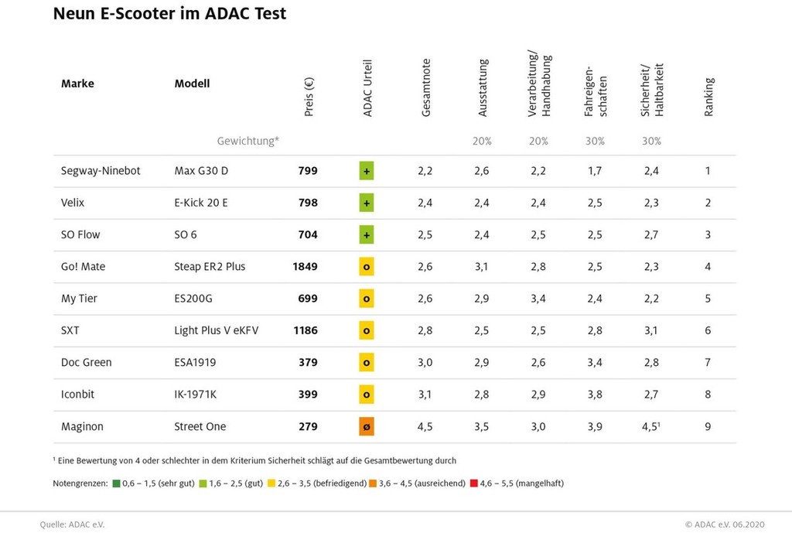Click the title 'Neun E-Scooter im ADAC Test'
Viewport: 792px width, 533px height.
(x=169, y=14)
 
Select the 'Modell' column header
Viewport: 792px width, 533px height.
(x=192, y=84)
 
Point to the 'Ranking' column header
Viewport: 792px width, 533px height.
(x=709, y=97)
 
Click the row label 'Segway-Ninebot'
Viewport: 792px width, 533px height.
(x=101, y=171)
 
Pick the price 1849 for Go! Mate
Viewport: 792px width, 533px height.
(x=305, y=267)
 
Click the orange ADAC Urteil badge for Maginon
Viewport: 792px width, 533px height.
(x=367, y=427)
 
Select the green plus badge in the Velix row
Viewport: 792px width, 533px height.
(x=367, y=203)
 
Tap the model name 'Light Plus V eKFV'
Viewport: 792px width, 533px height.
(x=216, y=331)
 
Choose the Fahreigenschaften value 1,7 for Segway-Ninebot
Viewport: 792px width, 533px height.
(x=595, y=171)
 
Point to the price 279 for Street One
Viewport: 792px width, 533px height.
(x=308, y=427)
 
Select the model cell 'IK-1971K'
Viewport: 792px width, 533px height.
(x=196, y=395)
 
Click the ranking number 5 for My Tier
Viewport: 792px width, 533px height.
(x=708, y=299)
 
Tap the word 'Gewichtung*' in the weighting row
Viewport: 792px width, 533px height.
(x=247, y=142)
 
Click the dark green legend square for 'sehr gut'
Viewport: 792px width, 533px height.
(x=116, y=483)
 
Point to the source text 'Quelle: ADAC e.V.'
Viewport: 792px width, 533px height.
(x=72, y=524)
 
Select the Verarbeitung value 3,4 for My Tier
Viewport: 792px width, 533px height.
(x=538, y=299)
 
